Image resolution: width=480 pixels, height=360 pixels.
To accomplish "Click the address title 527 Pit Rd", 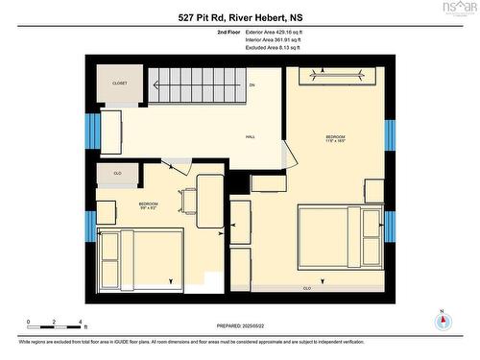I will (240, 17).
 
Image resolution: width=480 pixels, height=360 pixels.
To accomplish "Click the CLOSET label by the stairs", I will (120, 84).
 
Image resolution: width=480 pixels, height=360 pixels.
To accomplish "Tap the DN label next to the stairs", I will (252, 86).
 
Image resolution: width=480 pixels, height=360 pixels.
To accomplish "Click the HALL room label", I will (250, 137).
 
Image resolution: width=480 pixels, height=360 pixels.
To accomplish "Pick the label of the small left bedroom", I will (149, 204).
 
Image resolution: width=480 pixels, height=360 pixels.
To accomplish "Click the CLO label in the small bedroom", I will (117, 174).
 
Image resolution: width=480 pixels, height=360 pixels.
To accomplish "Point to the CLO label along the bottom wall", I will (307, 288).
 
